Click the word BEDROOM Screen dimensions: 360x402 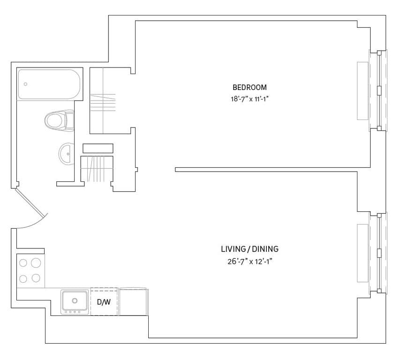[x=250, y=87]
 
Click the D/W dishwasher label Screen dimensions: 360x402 [x=103, y=302]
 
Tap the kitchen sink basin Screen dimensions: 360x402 [x=75, y=301]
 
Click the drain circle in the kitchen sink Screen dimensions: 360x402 [x=75, y=300]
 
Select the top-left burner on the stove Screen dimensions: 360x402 [x=23, y=263]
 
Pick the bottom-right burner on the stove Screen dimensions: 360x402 [x=36, y=278]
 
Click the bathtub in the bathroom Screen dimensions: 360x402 [x=49, y=84]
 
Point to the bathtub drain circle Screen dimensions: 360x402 [x=26, y=84]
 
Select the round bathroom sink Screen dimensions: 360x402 [x=66, y=153]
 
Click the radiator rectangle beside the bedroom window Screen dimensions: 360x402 [x=363, y=90]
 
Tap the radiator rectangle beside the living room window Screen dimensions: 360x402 [x=363, y=253]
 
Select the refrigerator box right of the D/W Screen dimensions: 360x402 [x=134, y=301]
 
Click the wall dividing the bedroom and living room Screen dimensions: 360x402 [x=272, y=169]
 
